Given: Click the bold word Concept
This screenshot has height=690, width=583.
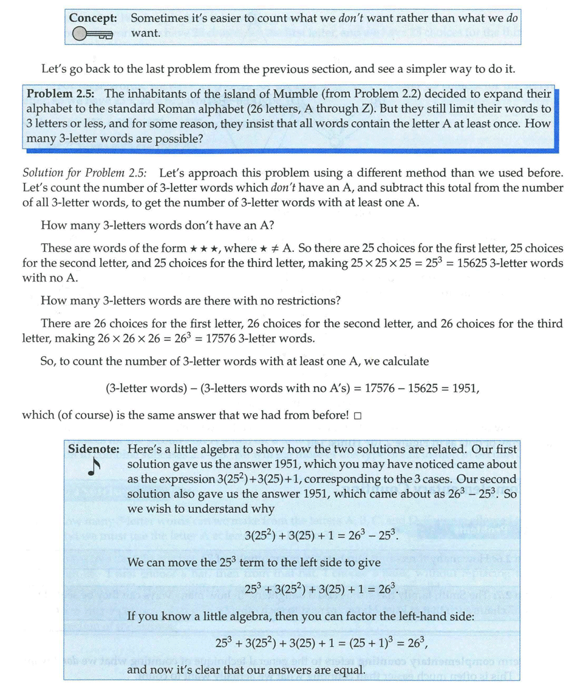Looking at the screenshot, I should click(93, 18).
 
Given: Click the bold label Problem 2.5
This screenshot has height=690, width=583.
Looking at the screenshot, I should click(61, 94).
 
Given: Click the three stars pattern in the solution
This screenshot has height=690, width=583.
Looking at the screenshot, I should click(206, 248).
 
